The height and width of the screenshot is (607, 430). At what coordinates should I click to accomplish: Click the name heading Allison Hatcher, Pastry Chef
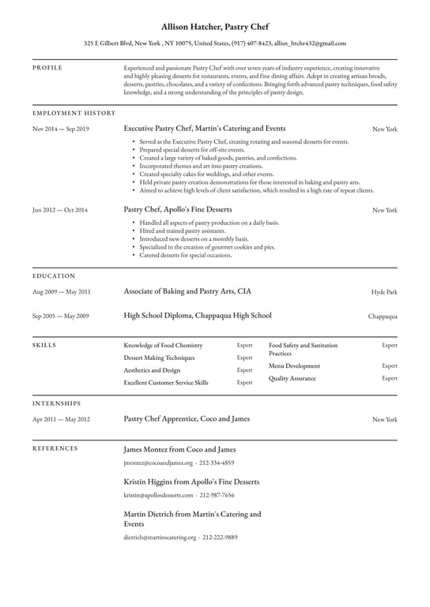pyautogui.click(x=214, y=26)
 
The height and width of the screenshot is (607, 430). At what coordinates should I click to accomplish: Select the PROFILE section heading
pyautogui.click(x=47, y=68)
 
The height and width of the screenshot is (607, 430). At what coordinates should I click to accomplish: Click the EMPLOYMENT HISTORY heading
pyautogui.click(x=74, y=113)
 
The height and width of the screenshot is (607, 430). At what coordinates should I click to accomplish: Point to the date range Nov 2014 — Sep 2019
pyautogui.click(x=61, y=128)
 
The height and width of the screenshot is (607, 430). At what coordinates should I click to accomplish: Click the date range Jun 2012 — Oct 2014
pyautogui.click(x=60, y=210)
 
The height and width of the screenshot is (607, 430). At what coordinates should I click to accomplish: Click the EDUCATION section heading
pyautogui.click(x=54, y=276)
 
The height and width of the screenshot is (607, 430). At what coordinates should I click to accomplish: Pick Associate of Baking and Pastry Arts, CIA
pyautogui.click(x=187, y=291)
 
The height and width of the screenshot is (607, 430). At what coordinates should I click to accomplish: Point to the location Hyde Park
pyautogui.click(x=384, y=292)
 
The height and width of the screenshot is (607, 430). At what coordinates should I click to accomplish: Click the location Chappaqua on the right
pyautogui.click(x=383, y=317)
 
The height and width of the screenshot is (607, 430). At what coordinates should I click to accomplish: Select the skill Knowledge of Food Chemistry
pyautogui.click(x=163, y=346)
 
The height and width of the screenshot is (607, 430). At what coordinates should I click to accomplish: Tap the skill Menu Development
pyautogui.click(x=294, y=366)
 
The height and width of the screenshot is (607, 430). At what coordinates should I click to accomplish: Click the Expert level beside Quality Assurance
pyautogui.click(x=390, y=378)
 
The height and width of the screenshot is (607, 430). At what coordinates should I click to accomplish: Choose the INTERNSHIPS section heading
pyautogui.click(x=57, y=403)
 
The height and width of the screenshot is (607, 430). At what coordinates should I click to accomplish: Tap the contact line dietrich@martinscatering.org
pyautogui.click(x=180, y=538)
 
